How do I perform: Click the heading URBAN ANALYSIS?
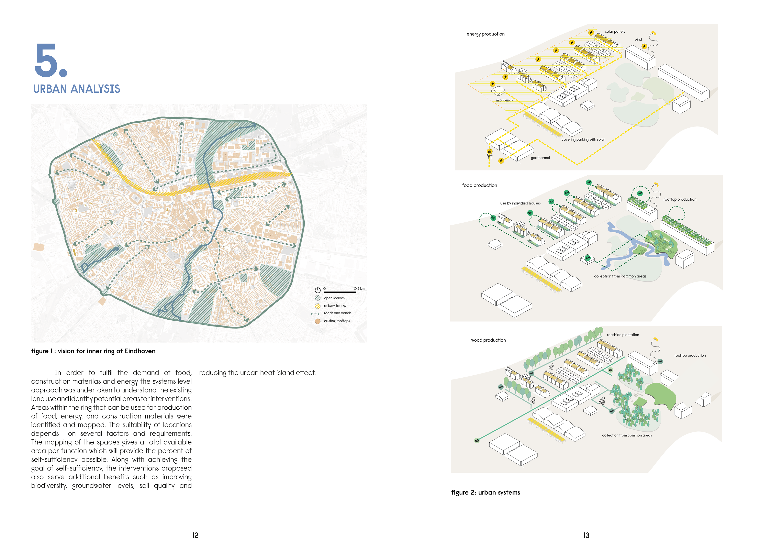tap(77, 89)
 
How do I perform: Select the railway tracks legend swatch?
tap(317, 306)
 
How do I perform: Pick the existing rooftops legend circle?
tap(317, 321)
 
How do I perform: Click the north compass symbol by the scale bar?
tap(317, 290)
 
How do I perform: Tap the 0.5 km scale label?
tap(359, 289)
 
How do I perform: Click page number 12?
tap(195, 535)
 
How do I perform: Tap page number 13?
tap(586, 535)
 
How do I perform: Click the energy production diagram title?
tap(485, 34)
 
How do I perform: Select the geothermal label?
tap(540, 158)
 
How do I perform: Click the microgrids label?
tap(504, 100)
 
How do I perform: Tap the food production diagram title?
tap(480, 185)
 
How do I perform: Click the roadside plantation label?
tap(623, 335)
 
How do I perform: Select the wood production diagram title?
tap(488, 340)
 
